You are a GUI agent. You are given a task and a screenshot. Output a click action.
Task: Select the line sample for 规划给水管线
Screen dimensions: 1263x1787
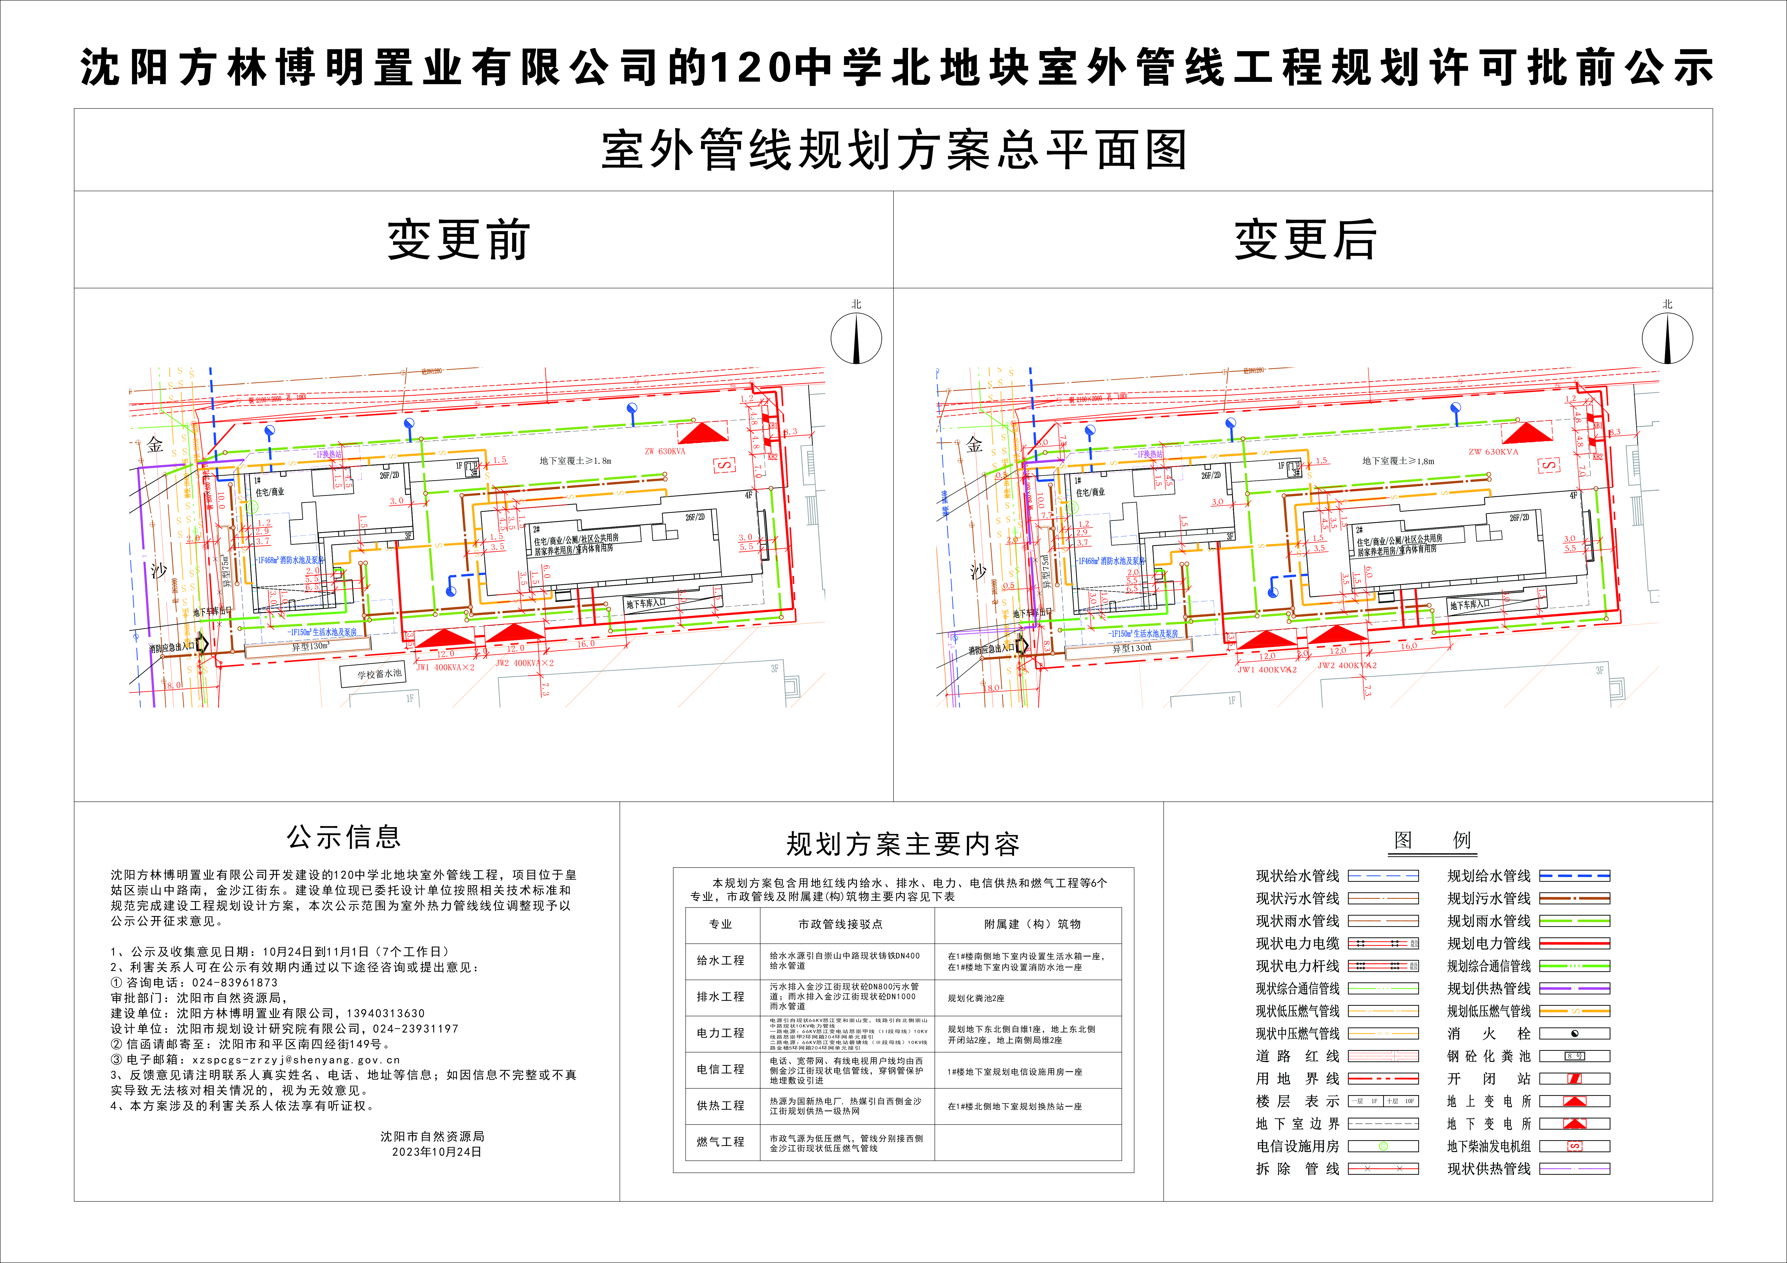click(x=1574, y=876)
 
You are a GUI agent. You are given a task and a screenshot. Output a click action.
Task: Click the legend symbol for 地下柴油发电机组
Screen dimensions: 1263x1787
click(x=1574, y=1146)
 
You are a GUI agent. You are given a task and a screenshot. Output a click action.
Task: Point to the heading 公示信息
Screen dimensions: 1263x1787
click(x=344, y=837)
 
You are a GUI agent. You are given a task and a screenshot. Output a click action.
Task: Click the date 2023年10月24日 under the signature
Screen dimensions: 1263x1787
click(x=436, y=1152)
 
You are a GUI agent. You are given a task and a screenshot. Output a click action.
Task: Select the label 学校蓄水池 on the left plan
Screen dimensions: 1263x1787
click(x=379, y=674)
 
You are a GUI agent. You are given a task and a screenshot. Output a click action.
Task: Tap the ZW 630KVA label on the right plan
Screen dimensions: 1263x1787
click(x=1493, y=452)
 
